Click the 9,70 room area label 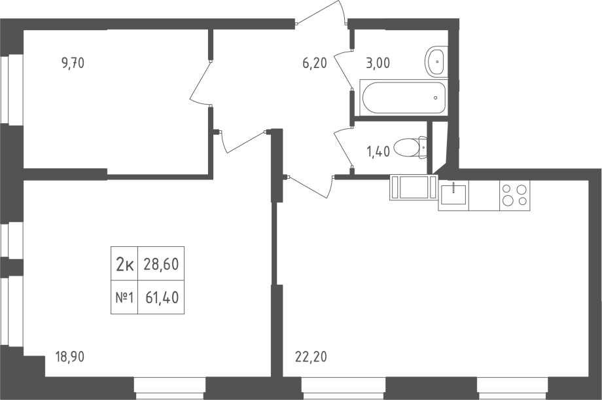pyautogui.click(x=73, y=63)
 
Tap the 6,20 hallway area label pyautogui.click(x=315, y=63)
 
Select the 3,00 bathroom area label pyautogui.click(x=378, y=63)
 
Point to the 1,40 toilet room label pyautogui.click(x=379, y=151)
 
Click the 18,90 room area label pyautogui.click(x=70, y=357)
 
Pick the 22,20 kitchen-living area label pyautogui.click(x=311, y=357)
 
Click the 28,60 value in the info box pyautogui.click(x=161, y=264)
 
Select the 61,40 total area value pyautogui.click(x=162, y=297)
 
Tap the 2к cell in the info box pyautogui.click(x=124, y=264)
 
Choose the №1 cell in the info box pyautogui.click(x=124, y=298)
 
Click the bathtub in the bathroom pyautogui.click(x=403, y=98)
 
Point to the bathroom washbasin pyautogui.click(x=436, y=62)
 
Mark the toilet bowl pyautogui.click(x=411, y=147)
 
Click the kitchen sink pyautogui.click(x=453, y=194)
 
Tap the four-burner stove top pyautogui.click(x=514, y=195)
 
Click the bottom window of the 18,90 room pyautogui.click(x=170, y=388)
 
